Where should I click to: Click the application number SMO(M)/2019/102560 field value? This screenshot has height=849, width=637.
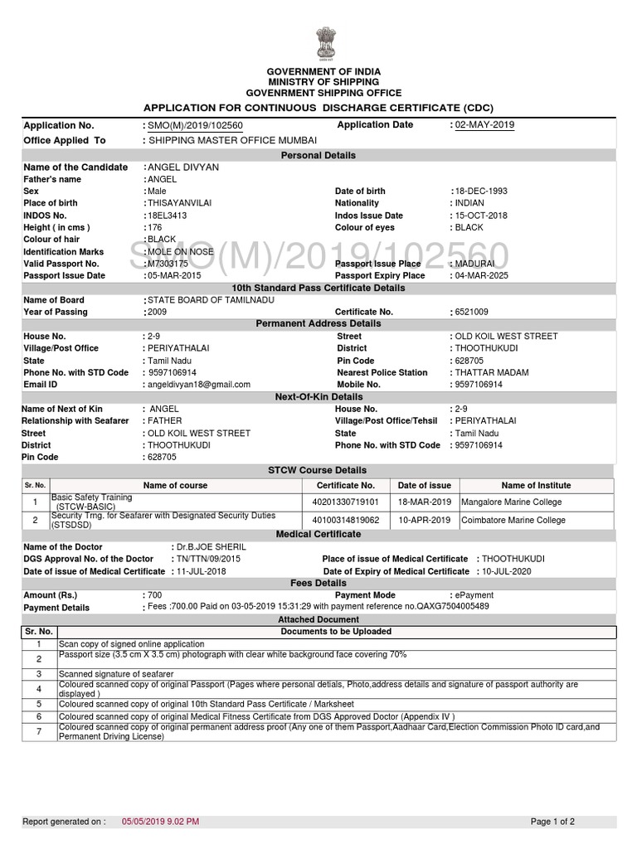[x=195, y=125]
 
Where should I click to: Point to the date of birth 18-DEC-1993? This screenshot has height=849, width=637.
[x=481, y=191]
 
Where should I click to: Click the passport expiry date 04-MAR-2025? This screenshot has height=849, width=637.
[x=482, y=275]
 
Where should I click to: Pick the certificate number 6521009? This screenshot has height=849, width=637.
[x=471, y=312]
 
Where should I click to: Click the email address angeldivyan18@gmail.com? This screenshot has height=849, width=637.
[x=198, y=385]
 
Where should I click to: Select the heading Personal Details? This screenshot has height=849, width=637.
[x=318, y=155]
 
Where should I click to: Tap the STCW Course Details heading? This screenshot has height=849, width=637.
[x=318, y=470]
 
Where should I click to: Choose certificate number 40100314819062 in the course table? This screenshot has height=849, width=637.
[x=345, y=520]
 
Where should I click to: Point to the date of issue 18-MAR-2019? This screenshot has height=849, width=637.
[x=425, y=502]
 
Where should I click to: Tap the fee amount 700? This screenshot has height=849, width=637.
[x=154, y=595]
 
